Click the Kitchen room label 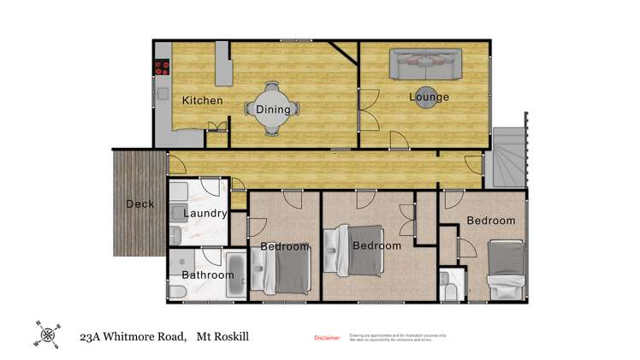[x=203, y=101]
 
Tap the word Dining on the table [x=273, y=109]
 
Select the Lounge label [x=429, y=97]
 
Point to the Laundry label [x=205, y=213]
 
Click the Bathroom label [x=208, y=275]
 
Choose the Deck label [x=140, y=204]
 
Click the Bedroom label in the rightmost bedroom [x=491, y=221]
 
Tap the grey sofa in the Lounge [x=425, y=63]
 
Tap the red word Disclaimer [x=327, y=338]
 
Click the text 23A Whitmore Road [x=133, y=337]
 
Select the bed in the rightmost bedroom [x=507, y=269]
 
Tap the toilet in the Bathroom [x=175, y=292]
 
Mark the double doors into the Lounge [x=364, y=115]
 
